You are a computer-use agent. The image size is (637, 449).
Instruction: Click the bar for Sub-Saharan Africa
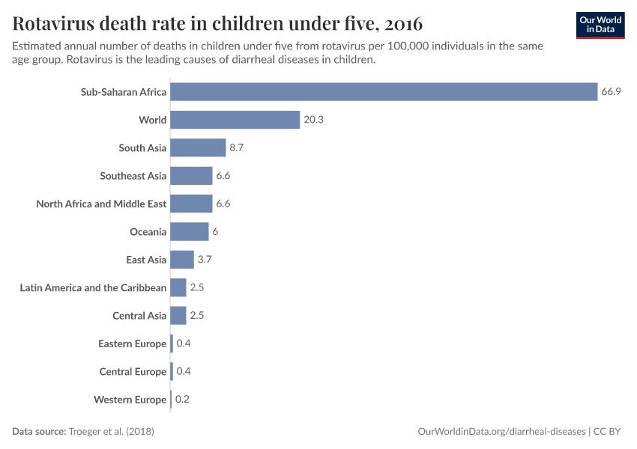tap(384, 92)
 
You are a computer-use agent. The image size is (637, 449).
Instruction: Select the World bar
tap(235, 120)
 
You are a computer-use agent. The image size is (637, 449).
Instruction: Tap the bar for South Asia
tap(198, 148)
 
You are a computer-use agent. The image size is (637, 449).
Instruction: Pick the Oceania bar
tap(190, 232)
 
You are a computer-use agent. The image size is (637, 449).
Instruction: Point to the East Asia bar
tap(182, 260)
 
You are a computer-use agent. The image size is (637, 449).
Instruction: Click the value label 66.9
tap(611, 92)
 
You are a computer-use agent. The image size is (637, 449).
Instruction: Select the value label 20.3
tap(313, 120)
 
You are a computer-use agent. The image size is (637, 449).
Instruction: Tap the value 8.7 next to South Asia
tap(237, 148)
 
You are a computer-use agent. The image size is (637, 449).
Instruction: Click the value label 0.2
tap(182, 400)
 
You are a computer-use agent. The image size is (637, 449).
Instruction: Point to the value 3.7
tap(205, 260)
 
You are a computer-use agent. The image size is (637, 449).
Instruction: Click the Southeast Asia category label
tap(133, 176)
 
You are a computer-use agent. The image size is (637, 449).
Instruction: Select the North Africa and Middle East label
tap(101, 204)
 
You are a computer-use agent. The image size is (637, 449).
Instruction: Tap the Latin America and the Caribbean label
tap(93, 288)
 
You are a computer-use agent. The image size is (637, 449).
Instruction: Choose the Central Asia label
tap(139, 316)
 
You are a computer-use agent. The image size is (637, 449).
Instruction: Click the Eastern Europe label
tap(132, 343)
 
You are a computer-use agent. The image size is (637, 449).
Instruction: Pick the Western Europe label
tap(130, 400)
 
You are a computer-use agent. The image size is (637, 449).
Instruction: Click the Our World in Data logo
tap(600, 25)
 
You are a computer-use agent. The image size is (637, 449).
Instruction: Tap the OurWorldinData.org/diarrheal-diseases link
tap(501, 432)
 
